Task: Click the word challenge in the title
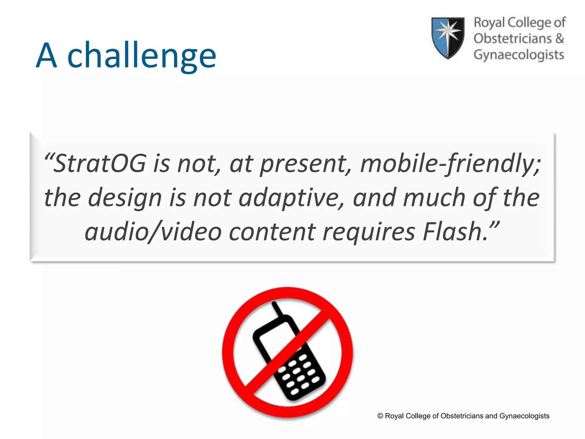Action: [142, 56]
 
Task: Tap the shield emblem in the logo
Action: [448, 37]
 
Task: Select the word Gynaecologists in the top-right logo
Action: [519, 55]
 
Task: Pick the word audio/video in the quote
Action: [153, 232]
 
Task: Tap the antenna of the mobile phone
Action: [277, 309]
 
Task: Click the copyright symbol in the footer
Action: [380, 416]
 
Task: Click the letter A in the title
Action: [47, 56]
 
